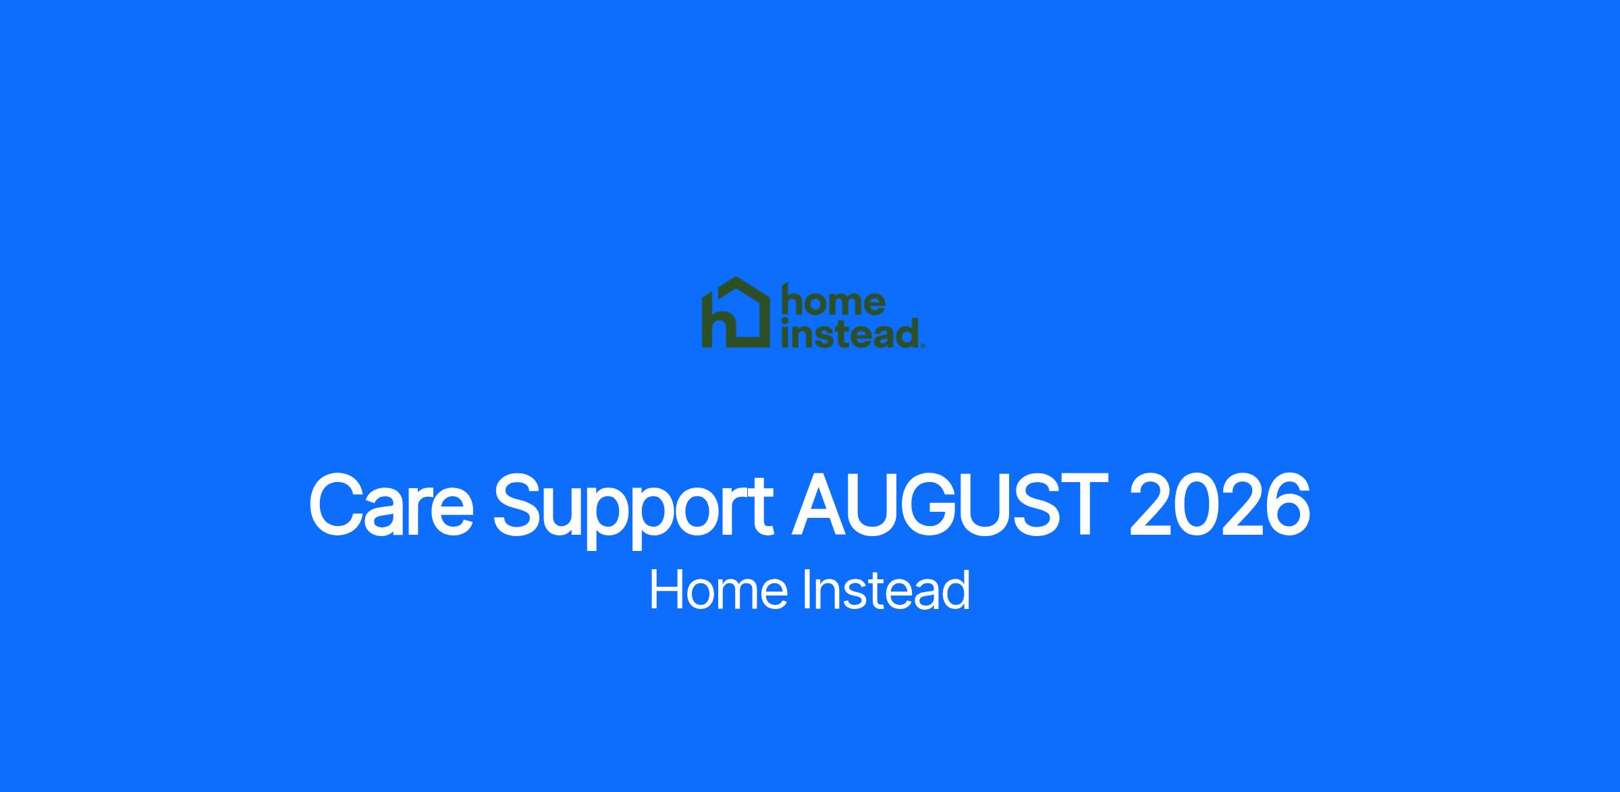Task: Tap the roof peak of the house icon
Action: pos(736,278)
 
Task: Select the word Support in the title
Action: pos(634,510)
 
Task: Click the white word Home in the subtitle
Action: pos(718,590)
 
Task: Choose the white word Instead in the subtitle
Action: pos(886,590)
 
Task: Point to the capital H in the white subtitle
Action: pos(664,590)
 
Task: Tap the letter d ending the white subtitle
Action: pos(957,590)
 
